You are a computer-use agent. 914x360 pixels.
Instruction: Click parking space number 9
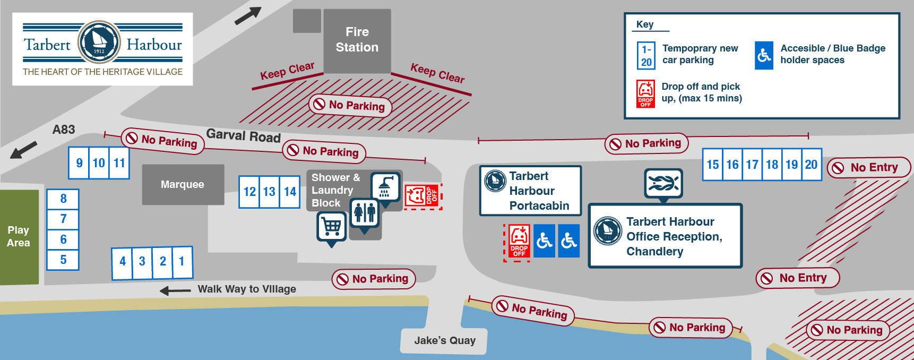point(79,163)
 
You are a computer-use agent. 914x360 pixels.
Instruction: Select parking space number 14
point(290,192)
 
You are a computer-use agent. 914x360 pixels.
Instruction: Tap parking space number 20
point(812,165)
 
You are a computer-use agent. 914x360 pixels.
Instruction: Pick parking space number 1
point(182,261)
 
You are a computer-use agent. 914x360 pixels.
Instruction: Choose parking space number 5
point(63,260)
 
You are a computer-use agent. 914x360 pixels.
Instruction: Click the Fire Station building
point(357,40)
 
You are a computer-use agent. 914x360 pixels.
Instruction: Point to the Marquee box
point(183,184)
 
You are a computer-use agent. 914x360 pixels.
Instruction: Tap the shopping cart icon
point(332,228)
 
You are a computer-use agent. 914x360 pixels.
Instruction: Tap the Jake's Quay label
point(445,340)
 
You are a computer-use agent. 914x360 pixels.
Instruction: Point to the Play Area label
point(19,236)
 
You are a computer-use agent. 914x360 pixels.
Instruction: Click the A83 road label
point(64,130)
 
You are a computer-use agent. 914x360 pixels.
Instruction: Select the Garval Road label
point(244,136)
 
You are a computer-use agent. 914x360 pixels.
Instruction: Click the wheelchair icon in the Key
point(764,56)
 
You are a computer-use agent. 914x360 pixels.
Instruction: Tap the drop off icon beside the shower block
point(423,196)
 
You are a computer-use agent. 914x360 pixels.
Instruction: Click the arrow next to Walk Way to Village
point(175,290)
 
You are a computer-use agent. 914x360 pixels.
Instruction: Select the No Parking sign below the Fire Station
point(350,105)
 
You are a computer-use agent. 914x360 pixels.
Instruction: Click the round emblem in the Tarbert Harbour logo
point(99,42)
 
